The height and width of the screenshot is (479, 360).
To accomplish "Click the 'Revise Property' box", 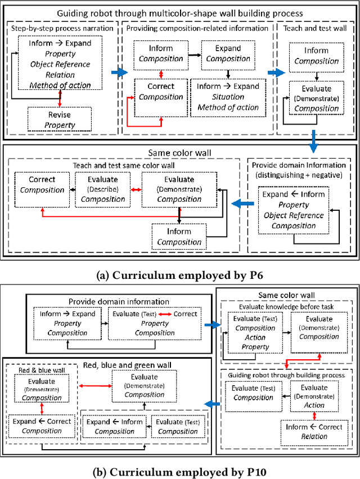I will pos(60,119).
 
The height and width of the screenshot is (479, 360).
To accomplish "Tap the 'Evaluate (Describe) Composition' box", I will pos(103,189).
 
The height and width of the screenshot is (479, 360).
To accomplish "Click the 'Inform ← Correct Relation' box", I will pos(314,432).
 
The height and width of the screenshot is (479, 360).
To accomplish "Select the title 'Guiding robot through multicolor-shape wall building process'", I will pos(180,12).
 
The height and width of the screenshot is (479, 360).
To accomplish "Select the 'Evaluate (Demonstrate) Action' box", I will pos(314,395).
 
